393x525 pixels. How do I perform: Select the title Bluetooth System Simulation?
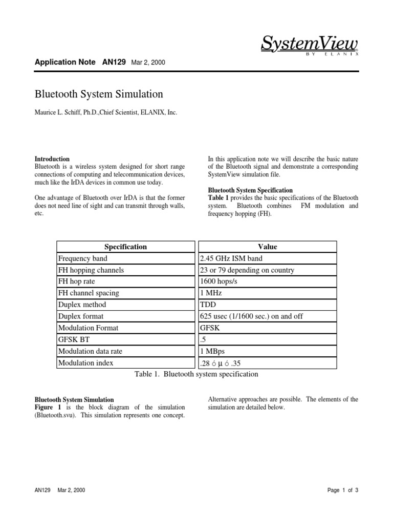(98, 94)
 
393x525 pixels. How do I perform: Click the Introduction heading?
(52, 159)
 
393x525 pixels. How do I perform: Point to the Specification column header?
(125, 247)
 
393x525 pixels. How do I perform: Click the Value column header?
(268, 247)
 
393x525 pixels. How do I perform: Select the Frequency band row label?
(83, 258)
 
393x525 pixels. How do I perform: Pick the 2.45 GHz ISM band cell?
(231, 258)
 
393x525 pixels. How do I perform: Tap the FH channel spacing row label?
(89, 293)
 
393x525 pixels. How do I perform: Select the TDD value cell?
(209, 305)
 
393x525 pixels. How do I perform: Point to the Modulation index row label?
(86, 362)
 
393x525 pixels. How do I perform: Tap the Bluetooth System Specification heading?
(250, 190)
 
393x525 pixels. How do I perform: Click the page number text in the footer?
(343, 490)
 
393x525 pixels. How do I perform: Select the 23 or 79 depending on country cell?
(247, 270)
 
